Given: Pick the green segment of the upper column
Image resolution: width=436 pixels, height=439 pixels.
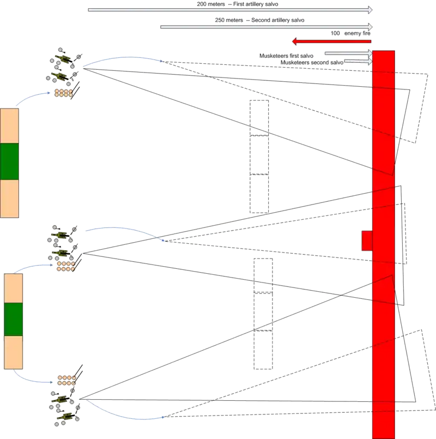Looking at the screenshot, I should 9,161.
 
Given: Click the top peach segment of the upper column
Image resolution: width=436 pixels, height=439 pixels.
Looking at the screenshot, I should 9,126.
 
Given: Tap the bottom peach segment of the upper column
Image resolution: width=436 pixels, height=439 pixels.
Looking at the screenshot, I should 9,199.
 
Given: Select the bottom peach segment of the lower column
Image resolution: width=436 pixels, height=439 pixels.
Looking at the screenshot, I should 13,352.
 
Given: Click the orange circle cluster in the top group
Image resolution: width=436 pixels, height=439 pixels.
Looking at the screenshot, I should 64,93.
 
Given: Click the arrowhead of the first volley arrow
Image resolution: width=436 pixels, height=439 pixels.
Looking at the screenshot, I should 372,9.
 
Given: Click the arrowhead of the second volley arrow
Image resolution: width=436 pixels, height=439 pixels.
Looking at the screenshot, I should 372,26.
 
